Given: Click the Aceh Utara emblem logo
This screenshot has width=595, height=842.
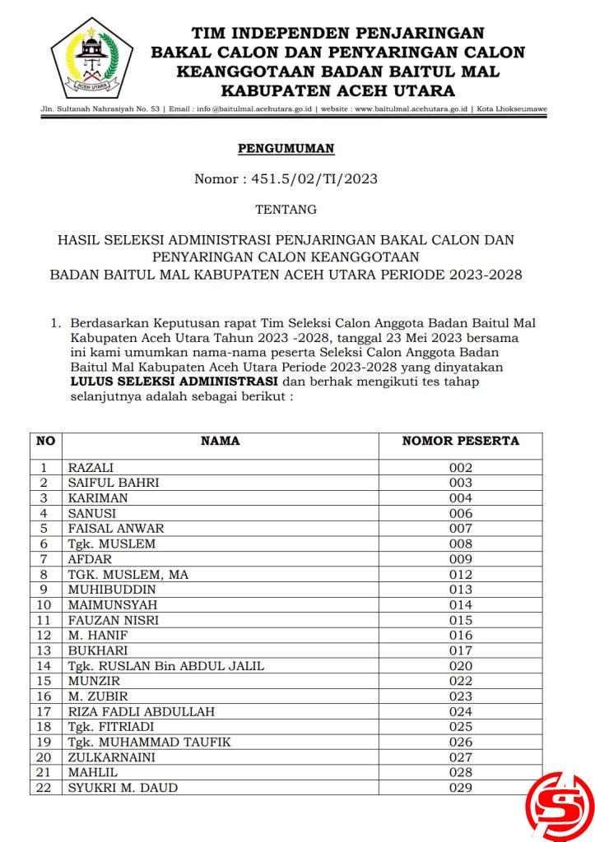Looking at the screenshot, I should tap(91, 57).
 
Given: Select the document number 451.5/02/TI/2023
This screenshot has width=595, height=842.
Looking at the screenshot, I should tap(315, 178).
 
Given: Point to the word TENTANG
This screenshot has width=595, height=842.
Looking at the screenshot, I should tap(286, 210).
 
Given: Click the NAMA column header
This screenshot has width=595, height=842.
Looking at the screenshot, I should tap(220, 441).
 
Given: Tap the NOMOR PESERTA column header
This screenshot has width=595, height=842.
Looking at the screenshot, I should tap(460, 441).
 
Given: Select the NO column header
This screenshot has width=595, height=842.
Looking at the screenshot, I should tap(45, 441).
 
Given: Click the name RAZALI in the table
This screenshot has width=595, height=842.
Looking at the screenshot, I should tap(91, 468).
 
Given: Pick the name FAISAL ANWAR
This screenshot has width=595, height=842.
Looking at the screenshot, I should tap(116, 529).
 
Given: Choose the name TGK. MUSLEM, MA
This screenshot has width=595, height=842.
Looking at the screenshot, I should tap(128, 575).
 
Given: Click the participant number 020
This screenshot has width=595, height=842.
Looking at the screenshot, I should tap(461, 666).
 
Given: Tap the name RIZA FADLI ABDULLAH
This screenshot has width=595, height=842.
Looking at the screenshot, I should tap(141, 712).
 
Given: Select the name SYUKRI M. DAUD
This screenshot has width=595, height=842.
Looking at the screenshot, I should tap(123, 788).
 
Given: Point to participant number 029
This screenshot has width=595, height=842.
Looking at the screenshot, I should tap(461, 788).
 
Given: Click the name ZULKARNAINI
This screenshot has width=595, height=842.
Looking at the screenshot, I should tap(111, 757).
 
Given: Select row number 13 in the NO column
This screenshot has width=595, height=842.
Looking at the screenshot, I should tap(45, 650).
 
